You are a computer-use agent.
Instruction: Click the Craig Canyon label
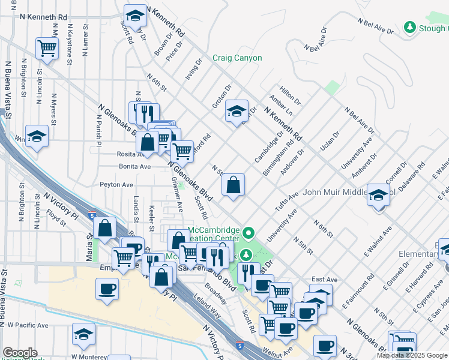point(237,58)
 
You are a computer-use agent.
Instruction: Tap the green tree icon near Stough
point(410,28)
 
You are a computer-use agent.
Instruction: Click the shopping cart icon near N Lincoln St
point(46,49)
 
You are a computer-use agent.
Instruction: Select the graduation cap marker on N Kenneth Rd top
point(135,16)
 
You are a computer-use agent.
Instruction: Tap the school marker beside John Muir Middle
point(378,196)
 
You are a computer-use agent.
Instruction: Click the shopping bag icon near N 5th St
point(234,185)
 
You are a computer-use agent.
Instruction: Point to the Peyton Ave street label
point(116,185)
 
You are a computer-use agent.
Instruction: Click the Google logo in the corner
point(20,353)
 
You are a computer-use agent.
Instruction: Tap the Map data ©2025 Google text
point(412,355)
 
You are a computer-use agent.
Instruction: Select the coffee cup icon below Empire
point(107,289)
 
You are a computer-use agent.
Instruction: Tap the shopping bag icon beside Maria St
point(104,229)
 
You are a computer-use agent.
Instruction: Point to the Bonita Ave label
point(134,166)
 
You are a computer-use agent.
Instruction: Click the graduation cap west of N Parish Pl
point(37,137)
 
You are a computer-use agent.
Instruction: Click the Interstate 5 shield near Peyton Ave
point(91,214)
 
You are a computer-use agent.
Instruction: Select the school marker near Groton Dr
point(237,111)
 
